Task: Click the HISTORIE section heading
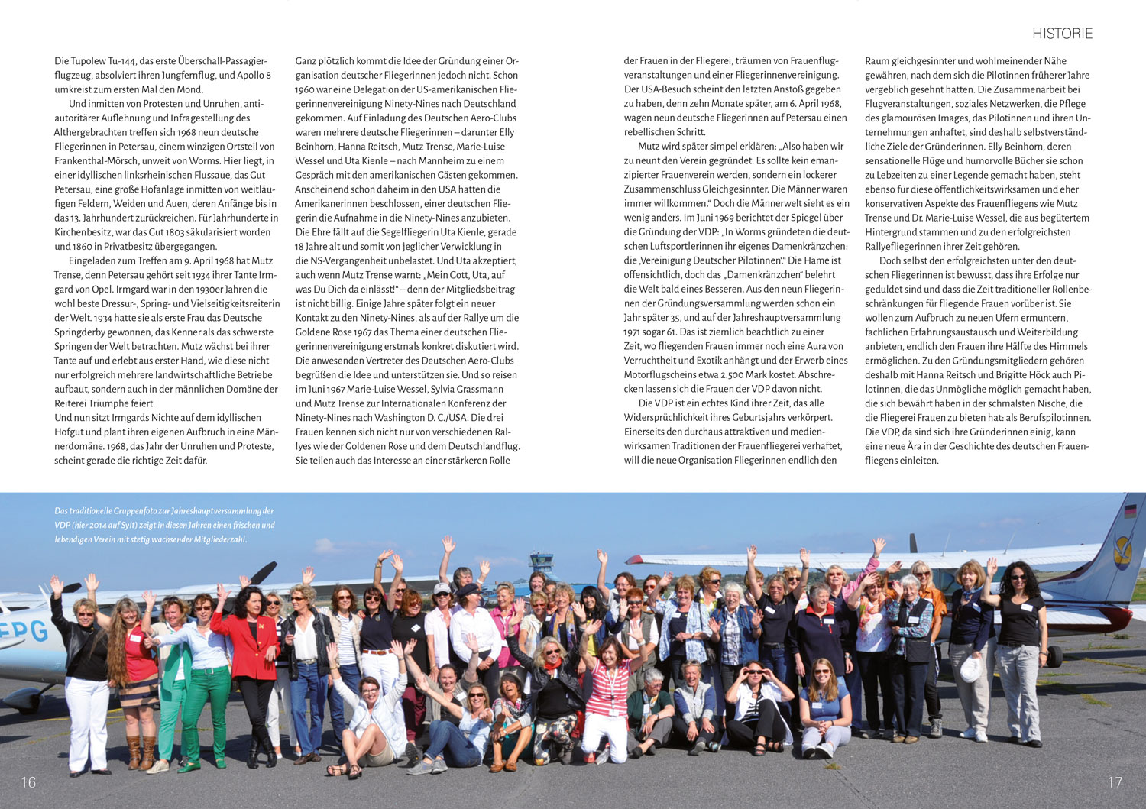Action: point(1062,34)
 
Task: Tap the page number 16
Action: point(28,781)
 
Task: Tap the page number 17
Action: point(1115,781)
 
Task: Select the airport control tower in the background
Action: point(541,565)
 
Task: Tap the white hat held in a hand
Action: point(970,669)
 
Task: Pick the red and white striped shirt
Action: point(607,688)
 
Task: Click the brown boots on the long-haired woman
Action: point(140,752)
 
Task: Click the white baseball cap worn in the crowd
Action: point(441,589)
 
